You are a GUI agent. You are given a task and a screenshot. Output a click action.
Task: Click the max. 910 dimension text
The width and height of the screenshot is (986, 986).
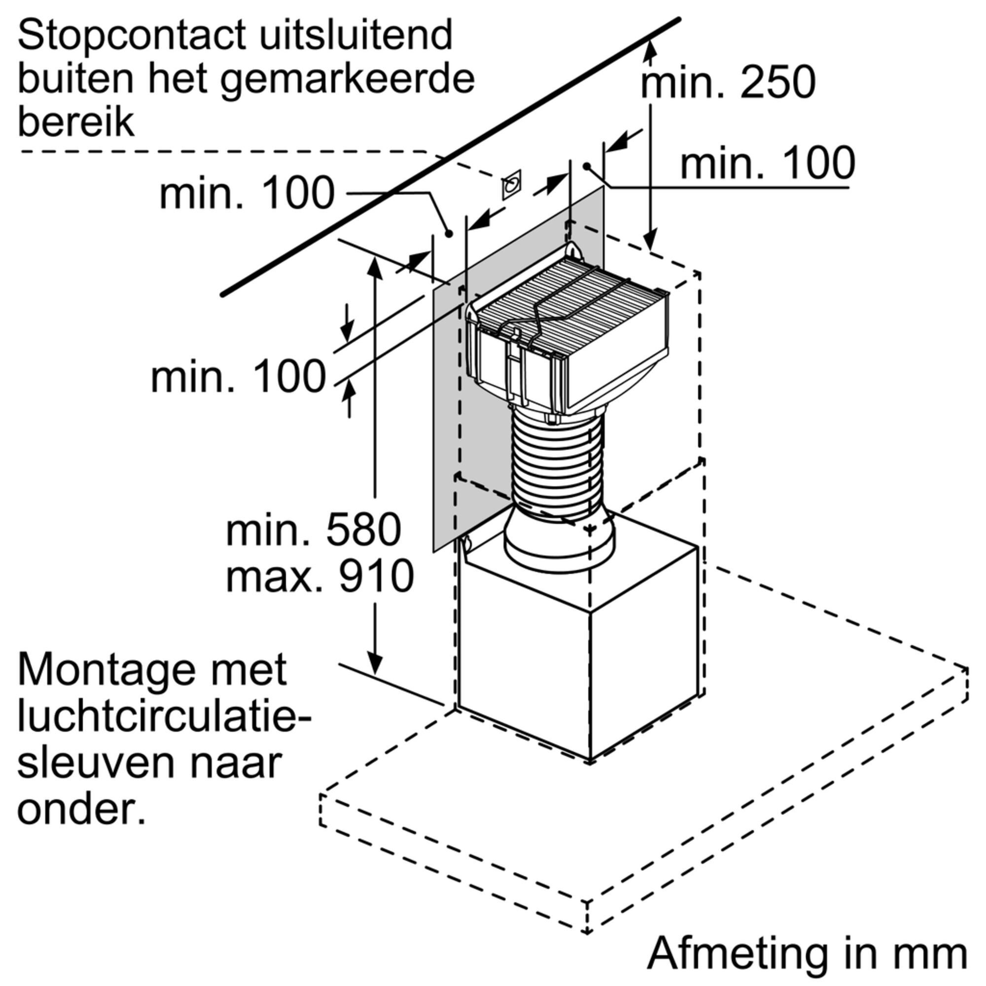[x=319, y=575]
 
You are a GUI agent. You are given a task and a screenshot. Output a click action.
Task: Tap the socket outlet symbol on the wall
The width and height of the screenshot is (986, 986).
[x=511, y=185]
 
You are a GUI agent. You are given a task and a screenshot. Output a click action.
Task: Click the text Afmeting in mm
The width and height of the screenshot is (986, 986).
[x=808, y=952]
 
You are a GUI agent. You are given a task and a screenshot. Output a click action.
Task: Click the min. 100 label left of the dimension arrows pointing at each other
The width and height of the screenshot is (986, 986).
[x=238, y=377]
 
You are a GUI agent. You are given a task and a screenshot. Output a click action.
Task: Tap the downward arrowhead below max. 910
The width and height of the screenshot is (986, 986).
[x=375, y=664]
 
